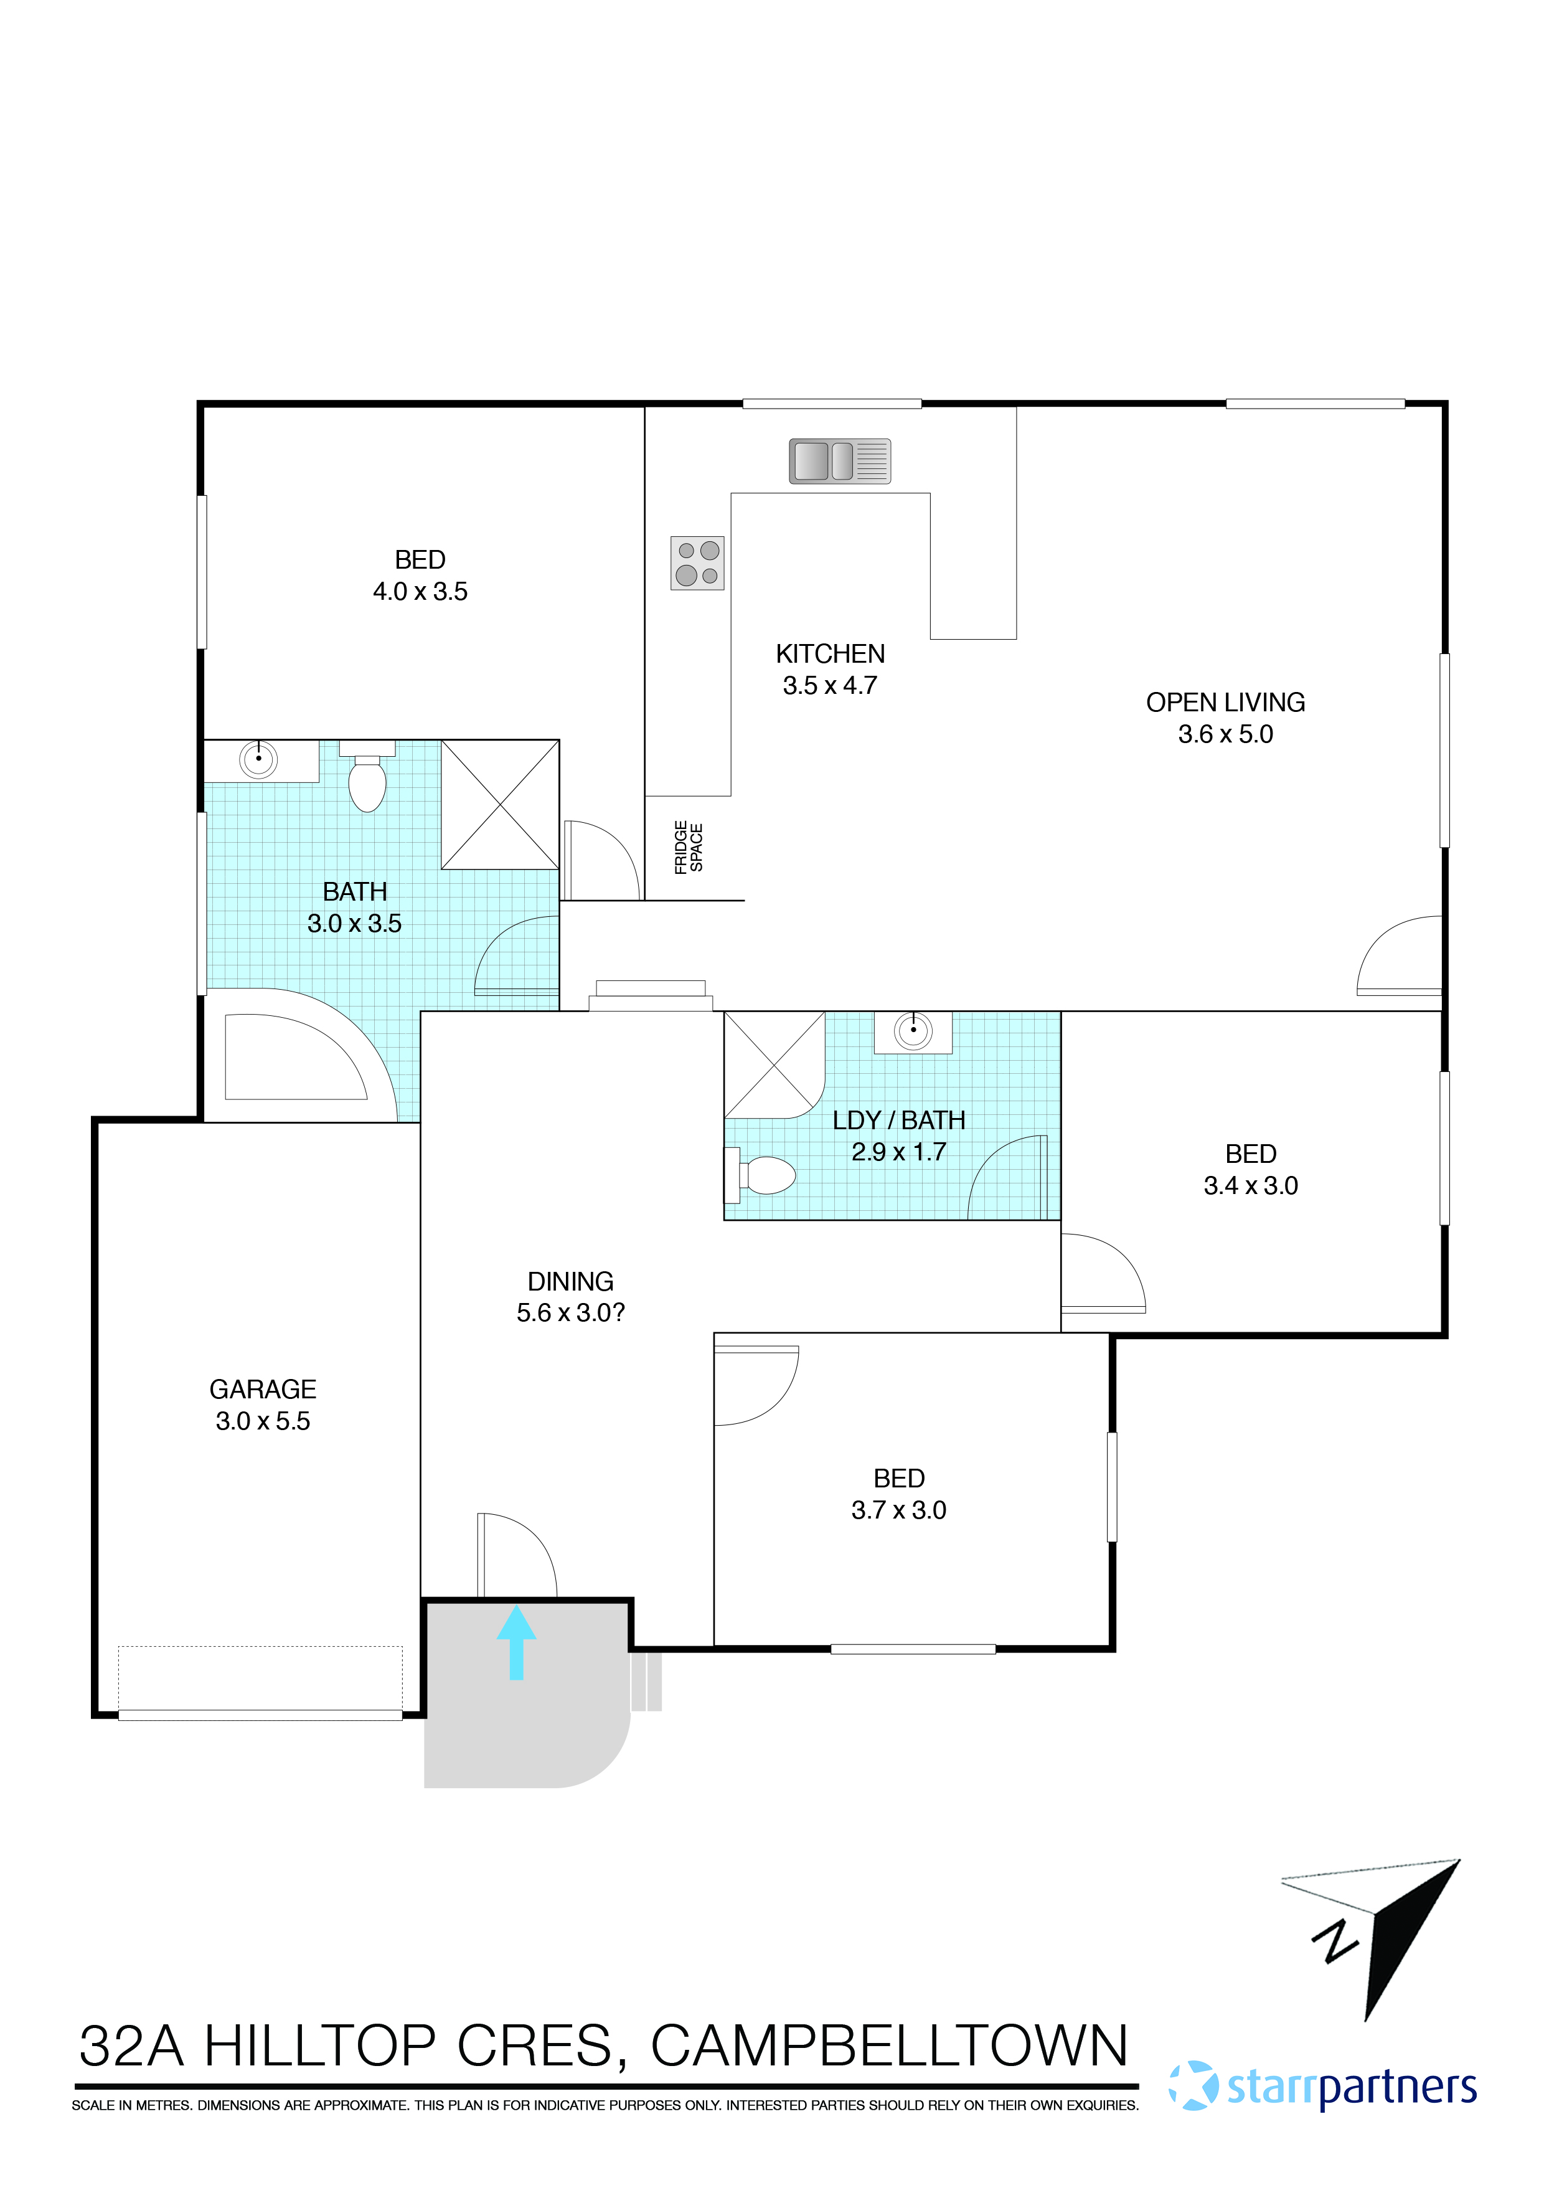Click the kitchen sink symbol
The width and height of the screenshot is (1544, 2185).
(839, 462)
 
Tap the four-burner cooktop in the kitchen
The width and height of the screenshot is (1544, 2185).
(697, 564)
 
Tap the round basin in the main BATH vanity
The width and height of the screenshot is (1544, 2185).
(258, 759)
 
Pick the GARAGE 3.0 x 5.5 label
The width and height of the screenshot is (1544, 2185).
(263, 1405)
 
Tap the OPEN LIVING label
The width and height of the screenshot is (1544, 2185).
(1225, 703)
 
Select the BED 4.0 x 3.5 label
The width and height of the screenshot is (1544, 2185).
(420, 575)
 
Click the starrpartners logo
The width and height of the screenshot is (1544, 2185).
(1322, 2087)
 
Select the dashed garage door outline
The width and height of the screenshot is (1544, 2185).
(260, 1680)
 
